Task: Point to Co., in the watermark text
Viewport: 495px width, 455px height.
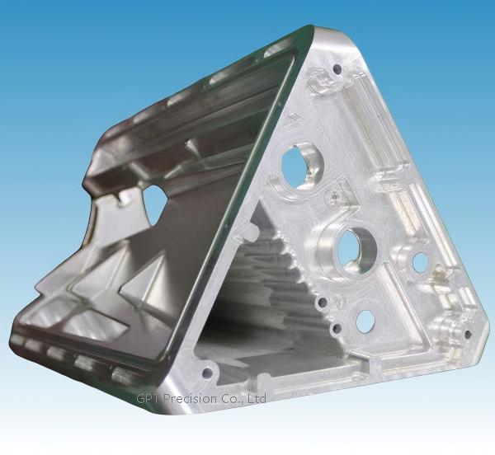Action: (231, 399)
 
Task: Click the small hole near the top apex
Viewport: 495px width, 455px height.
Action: (337, 68)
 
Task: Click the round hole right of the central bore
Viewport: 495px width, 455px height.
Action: (420, 262)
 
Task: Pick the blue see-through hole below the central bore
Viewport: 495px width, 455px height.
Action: (365, 321)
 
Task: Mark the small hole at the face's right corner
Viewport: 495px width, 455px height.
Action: (468, 334)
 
